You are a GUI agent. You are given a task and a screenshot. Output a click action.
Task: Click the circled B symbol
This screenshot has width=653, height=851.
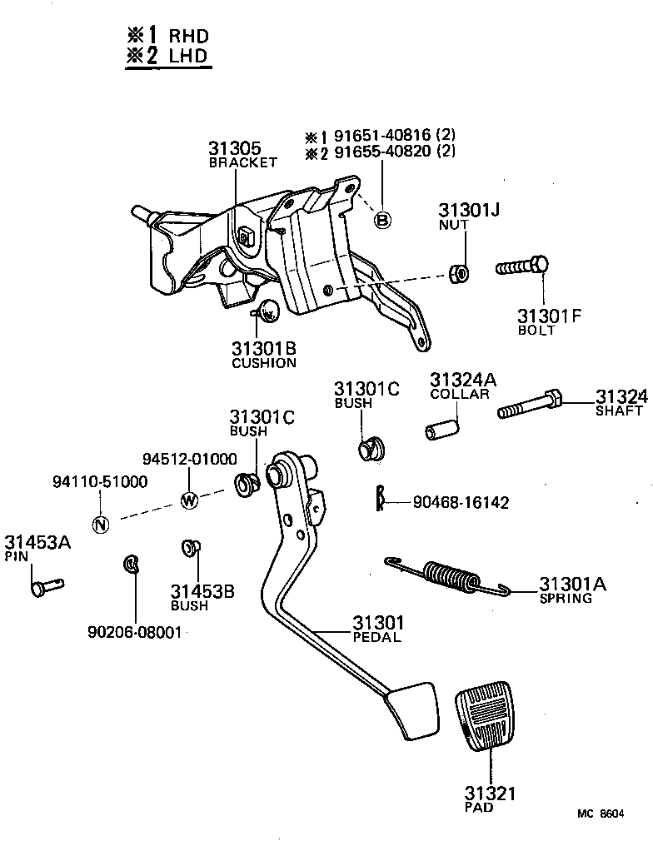click(382, 220)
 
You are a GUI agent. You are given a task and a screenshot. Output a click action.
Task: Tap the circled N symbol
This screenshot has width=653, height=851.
click(100, 524)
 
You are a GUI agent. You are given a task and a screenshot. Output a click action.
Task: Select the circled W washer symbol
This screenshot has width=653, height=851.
click(189, 500)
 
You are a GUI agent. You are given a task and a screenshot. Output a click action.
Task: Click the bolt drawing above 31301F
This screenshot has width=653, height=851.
click(522, 267)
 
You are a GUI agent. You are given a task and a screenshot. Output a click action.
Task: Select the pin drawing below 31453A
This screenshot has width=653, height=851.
click(45, 586)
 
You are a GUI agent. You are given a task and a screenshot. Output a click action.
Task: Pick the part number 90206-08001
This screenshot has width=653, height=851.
click(134, 632)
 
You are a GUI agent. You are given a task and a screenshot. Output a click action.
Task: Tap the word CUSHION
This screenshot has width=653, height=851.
click(263, 363)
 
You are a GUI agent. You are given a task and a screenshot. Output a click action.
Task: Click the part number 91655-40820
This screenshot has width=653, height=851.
click(383, 152)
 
